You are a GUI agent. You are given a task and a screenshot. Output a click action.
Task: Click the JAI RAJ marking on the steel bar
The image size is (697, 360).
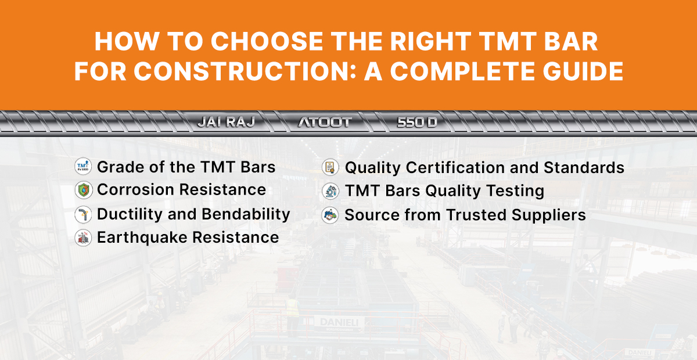click(226, 122)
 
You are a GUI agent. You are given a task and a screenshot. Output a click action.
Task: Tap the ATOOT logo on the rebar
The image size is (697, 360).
click(324, 122)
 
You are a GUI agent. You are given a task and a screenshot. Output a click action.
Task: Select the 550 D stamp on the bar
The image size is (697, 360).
click(417, 122)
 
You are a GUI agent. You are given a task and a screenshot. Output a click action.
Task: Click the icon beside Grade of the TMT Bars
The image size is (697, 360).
click(84, 167)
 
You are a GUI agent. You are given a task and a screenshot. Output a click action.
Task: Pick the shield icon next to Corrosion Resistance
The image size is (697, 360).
click(84, 190)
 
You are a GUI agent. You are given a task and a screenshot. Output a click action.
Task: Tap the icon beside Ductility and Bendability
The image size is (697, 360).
click(84, 214)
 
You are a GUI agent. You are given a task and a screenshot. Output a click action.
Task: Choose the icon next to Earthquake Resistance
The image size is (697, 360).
click(84, 237)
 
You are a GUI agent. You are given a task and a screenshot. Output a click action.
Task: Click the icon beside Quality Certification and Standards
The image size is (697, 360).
click(330, 168)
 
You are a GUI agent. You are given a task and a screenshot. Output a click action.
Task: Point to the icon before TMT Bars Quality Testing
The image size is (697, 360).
click(330, 191)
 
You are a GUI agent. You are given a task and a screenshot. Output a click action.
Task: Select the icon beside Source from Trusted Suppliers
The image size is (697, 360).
click(330, 215)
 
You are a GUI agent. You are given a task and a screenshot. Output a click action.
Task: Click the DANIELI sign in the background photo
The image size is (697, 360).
click(339, 322)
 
